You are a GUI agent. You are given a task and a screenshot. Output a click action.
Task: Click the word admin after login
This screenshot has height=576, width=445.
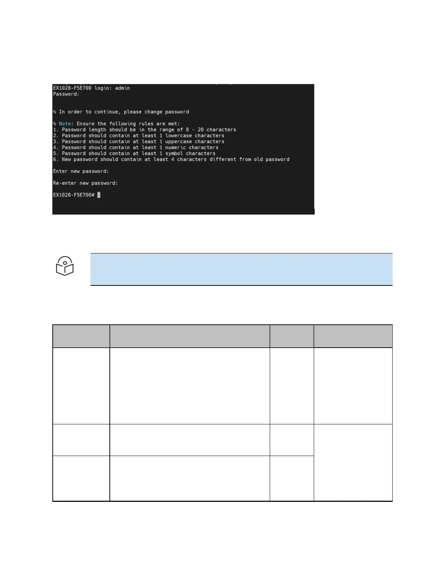click(123, 88)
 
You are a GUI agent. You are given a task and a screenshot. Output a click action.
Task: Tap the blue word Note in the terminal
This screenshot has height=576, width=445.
click(65, 124)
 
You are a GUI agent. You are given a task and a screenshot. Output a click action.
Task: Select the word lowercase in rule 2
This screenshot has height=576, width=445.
click(179, 136)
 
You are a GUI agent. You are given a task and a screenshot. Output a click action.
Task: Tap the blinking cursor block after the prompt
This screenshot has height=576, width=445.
click(99, 195)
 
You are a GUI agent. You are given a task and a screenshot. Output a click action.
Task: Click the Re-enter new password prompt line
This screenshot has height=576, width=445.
click(85, 183)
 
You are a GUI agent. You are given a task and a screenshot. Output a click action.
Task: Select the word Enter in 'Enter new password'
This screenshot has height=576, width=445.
click(60, 171)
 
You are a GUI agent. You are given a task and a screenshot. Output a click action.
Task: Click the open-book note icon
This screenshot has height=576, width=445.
click(65, 266)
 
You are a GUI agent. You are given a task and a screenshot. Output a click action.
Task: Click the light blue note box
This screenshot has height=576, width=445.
click(241, 269)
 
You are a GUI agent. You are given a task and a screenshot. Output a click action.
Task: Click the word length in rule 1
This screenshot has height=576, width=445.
click(97, 130)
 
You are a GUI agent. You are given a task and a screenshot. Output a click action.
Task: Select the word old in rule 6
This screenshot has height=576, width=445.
click(258, 159)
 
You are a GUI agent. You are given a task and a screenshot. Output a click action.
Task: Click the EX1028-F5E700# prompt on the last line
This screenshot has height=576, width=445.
click(74, 195)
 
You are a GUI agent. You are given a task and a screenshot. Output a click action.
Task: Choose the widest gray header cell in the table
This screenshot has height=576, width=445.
click(190, 336)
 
